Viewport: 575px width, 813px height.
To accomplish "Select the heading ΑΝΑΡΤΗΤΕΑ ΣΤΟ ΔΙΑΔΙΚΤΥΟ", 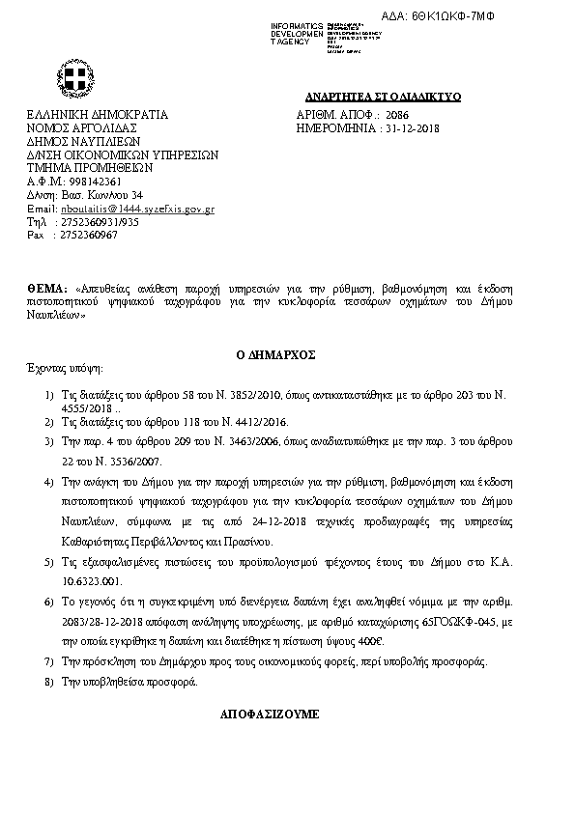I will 384,98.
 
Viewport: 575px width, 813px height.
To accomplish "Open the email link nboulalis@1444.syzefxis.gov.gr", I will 137,209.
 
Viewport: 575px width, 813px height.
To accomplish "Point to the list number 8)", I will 50,682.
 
